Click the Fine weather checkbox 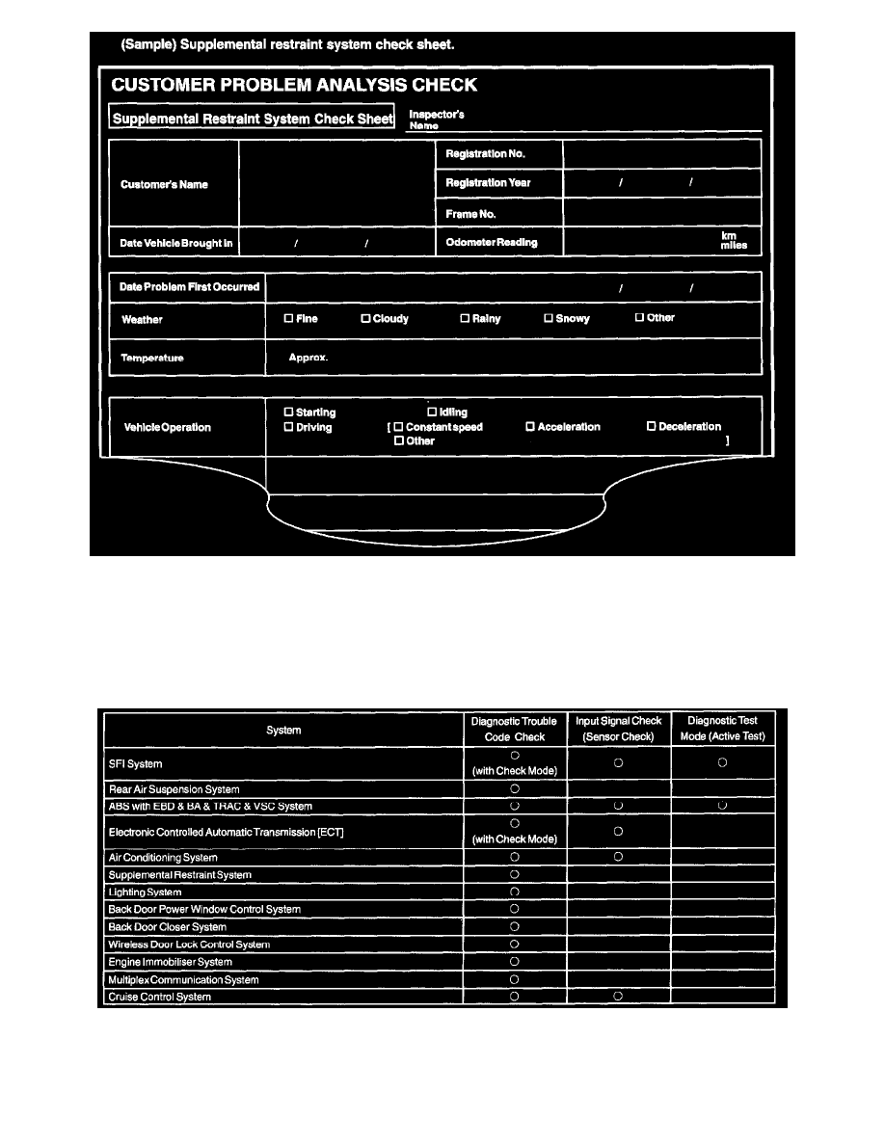(288, 318)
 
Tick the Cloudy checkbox (365, 318)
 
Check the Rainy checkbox (465, 318)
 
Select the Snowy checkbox (549, 318)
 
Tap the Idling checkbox (432, 413)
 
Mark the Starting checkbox (288, 413)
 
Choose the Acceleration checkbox (530, 427)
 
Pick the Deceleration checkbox (651, 427)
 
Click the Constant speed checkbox (398, 427)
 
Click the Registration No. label (485, 154)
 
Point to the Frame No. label (469, 214)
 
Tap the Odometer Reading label (492, 242)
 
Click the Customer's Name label (164, 184)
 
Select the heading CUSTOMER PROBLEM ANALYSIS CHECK (294, 85)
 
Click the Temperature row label (152, 358)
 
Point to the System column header (282, 730)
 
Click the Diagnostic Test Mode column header (722, 729)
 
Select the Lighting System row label (145, 892)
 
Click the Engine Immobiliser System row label (170, 962)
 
